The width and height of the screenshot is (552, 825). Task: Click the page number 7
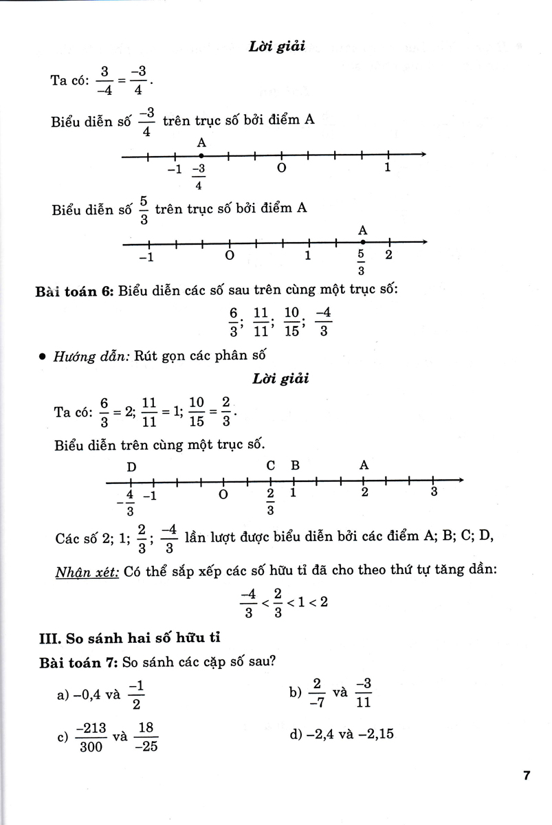[x=526, y=776]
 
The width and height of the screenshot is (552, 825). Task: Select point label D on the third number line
[x=131, y=467]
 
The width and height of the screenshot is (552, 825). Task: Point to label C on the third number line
[x=271, y=465]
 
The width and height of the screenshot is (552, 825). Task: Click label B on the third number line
[x=295, y=465]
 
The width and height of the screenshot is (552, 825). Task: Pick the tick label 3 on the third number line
[x=434, y=492]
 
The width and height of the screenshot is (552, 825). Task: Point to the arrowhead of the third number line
[x=459, y=480]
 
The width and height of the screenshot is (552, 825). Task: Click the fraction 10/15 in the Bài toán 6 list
[x=291, y=322]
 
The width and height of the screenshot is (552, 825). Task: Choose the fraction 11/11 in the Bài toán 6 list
[x=261, y=322]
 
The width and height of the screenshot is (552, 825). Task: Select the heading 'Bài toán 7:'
[x=74, y=662]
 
